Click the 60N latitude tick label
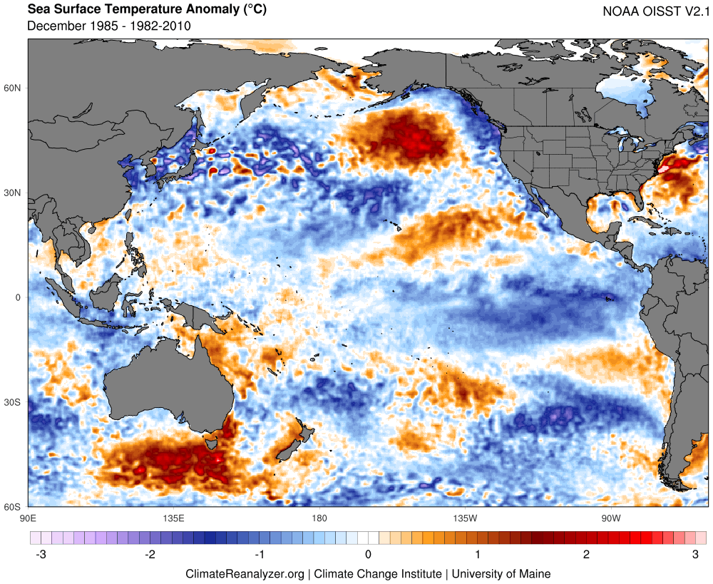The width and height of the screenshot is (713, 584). [14, 88]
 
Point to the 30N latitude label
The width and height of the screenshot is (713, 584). [14, 193]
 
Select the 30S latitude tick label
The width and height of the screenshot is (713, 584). [14, 402]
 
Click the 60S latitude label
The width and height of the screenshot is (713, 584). [14, 507]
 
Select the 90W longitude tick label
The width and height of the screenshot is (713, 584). [610, 517]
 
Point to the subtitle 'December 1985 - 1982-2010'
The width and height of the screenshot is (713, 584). [108, 26]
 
